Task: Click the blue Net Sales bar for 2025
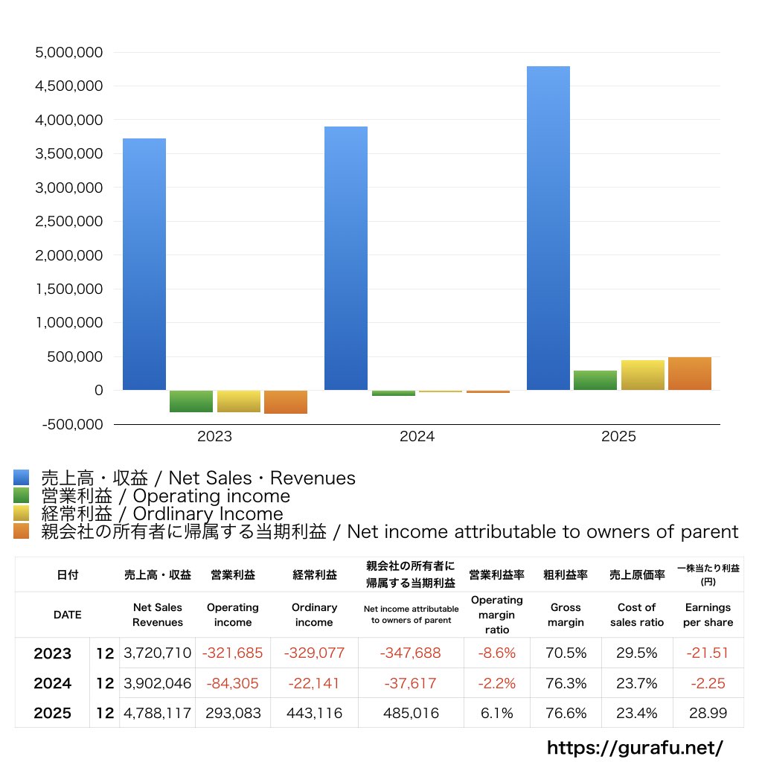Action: point(548,228)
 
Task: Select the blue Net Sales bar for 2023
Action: point(144,264)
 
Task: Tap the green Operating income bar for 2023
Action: point(191,401)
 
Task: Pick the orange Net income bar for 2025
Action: point(690,374)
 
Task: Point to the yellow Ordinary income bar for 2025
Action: point(642,375)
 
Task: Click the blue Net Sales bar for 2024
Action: point(346,258)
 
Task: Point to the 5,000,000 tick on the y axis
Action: point(69,53)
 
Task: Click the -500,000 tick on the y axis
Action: point(72,424)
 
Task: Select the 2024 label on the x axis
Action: point(417,436)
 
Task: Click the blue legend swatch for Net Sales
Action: point(22,477)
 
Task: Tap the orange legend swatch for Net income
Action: point(22,531)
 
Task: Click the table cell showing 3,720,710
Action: point(158,653)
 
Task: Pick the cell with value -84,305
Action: point(233,683)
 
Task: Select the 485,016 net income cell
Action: point(411,713)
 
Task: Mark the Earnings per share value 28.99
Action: point(708,713)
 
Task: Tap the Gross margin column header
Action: point(566,615)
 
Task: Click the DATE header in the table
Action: point(68,615)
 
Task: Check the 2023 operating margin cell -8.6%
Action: point(496,653)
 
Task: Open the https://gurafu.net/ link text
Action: point(635,747)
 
